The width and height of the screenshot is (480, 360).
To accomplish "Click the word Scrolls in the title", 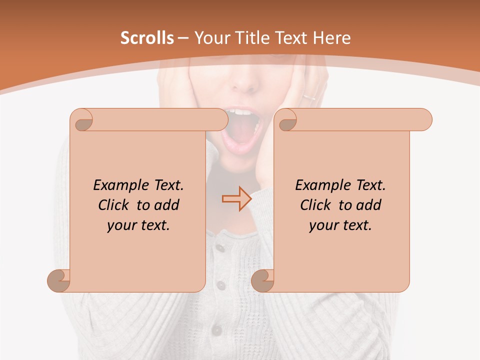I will click(x=147, y=38).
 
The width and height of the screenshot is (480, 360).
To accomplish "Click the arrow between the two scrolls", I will click(x=236, y=199).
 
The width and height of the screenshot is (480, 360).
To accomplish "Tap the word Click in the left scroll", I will click(x=114, y=205).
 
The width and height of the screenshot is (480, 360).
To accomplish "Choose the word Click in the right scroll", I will click(x=316, y=205).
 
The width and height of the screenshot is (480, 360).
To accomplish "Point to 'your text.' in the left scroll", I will click(x=138, y=225).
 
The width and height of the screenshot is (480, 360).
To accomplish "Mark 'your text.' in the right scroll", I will click(x=340, y=225).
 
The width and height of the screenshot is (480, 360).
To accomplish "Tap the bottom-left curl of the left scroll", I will click(x=58, y=280).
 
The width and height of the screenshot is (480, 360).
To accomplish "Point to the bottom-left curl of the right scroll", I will click(x=262, y=280).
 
